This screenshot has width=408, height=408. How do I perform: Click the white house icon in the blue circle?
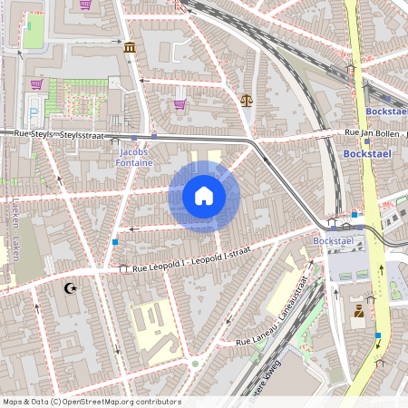[x=203, y=196]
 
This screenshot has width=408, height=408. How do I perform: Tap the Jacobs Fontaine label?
[x=134, y=158]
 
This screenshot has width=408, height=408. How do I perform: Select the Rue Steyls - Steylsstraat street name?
[x=54, y=134]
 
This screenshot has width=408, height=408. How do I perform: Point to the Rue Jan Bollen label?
[x=374, y=133]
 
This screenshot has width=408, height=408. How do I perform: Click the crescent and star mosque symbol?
[x=70, y=289]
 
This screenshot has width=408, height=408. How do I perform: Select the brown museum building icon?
[x=131, y=47]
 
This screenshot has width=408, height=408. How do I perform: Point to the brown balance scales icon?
[x=247, y=100]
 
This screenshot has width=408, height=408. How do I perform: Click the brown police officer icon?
[x=359, y=313]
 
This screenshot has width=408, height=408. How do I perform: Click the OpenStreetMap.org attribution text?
[x=92, y=402]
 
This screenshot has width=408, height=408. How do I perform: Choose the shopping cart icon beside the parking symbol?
[x=37, y=84]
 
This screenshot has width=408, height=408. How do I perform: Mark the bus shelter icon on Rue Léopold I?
[x=124, y=268]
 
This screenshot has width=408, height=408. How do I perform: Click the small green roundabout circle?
[x=195, y=364]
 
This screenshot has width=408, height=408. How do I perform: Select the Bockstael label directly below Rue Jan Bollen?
[x=366, y=154]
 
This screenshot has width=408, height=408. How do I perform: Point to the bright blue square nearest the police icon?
[x=378, y=335]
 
